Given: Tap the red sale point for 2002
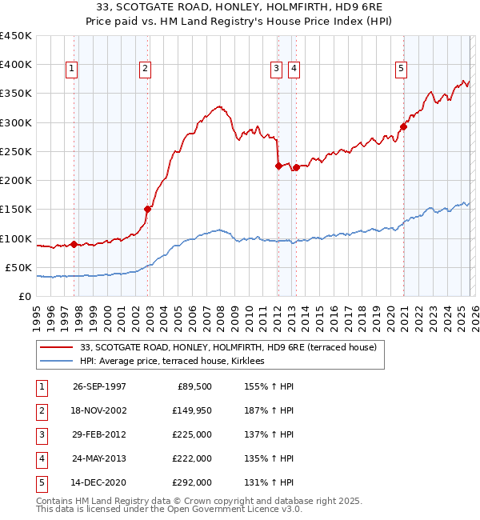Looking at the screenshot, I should point(147,210).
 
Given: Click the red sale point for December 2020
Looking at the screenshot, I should point(404,126).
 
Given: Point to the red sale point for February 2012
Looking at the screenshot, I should point(278,166).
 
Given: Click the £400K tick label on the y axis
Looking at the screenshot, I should point(15,65).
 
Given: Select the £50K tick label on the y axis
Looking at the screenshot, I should point(18,267).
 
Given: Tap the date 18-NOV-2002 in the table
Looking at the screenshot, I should point(99,411).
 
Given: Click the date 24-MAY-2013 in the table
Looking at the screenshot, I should point(99,459).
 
